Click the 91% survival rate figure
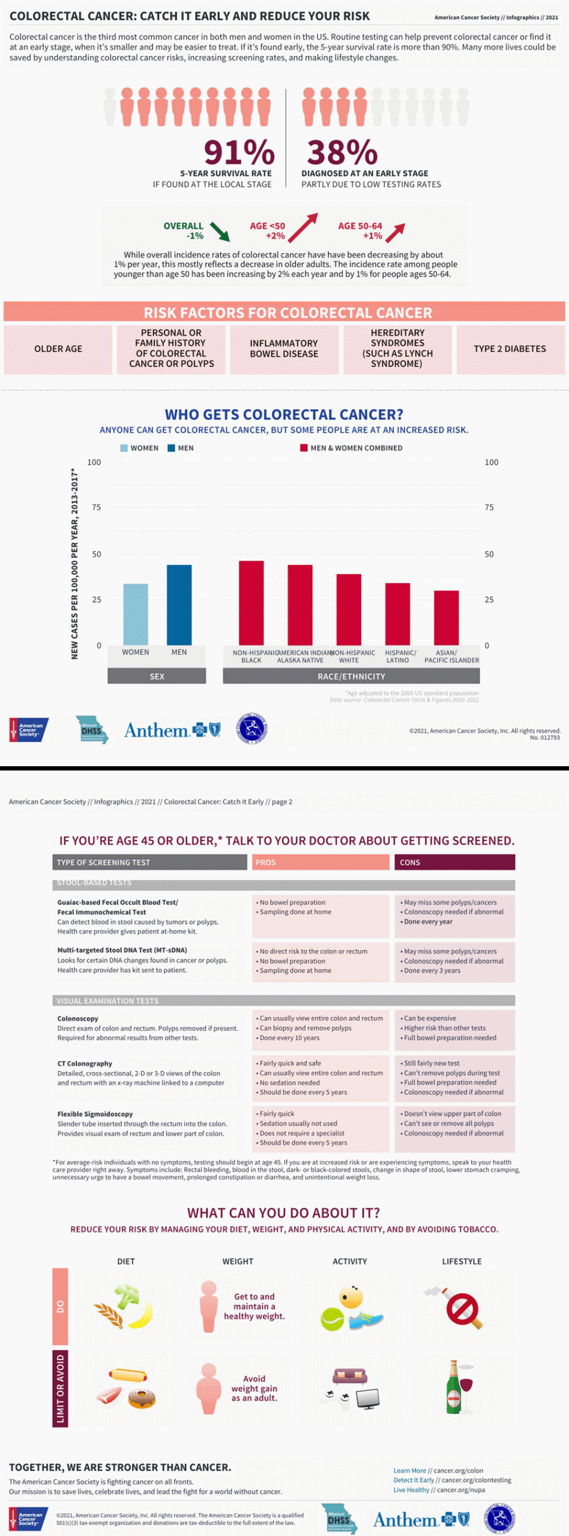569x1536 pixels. (x=239, y=152)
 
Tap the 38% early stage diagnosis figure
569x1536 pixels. (x=342, y=152)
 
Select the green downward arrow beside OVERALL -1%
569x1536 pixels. (x=220, y=231)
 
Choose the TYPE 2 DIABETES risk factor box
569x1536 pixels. (x=510, y=349)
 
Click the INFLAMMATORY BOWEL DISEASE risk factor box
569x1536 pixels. (x=284, y=349)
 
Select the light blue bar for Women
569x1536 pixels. (x=136, y=614)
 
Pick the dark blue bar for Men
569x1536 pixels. (x=179, y=604)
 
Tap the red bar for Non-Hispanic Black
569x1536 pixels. (x=251, y=602)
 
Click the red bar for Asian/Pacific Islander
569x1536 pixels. (x=446, y=617)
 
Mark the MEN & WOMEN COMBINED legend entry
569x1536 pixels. (x=351, y=448)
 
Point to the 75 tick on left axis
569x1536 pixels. (x=97, y=508)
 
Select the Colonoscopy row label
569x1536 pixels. (x=78, y=1019)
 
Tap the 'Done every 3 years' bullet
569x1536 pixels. (x=432, y=971)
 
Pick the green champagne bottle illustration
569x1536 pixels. (x=453, y=1387)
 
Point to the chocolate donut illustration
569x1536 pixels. (x=142, y=1399)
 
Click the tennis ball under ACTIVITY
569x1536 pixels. (x=332, y=1319)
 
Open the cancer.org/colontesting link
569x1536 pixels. (x=476, y=1480)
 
